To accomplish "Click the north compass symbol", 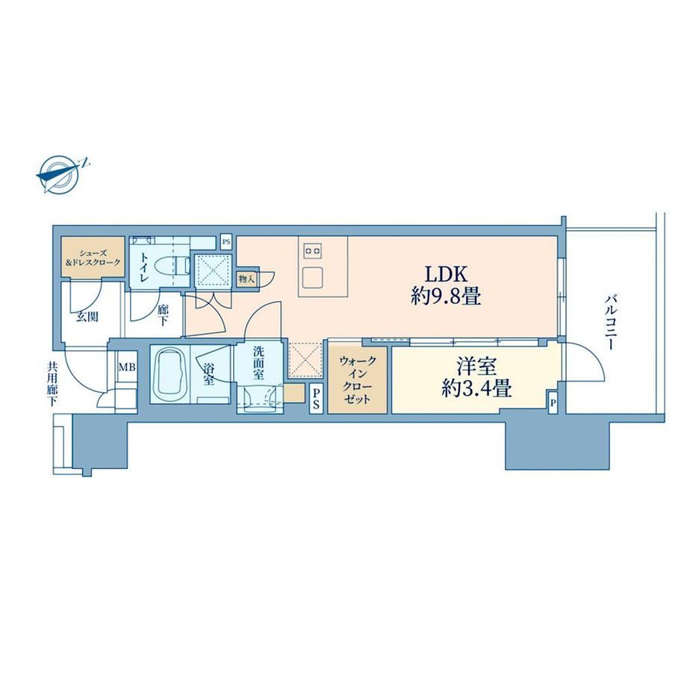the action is click(61, 175).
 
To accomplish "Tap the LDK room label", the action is click(447, 275).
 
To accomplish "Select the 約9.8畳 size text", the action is click(446, 297).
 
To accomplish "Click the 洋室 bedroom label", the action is click(476, 367).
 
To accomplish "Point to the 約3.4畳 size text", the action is click(476, 388).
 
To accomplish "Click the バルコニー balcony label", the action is click(610, 323).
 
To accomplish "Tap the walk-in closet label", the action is click(357, 380).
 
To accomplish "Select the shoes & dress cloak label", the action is click(93, 258).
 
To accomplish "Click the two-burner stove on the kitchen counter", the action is click(312, 252).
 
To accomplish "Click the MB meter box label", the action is click(127, 367).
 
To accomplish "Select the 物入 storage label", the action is click(246, 279).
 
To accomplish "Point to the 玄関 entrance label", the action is click(87, 317).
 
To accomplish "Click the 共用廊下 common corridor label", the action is click(52, 384).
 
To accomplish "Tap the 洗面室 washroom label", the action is click(258, 363).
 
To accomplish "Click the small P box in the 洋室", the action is click(553, 402).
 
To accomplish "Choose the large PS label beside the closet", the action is click(316, 400).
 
